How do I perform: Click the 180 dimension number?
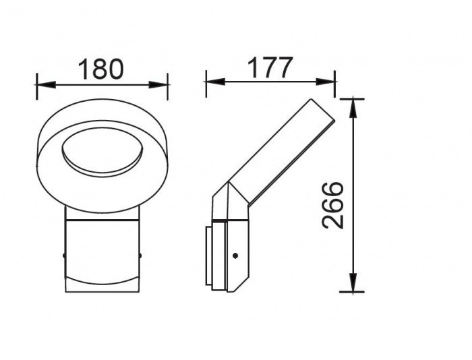coord(101,69)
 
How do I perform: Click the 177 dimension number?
coord(270,67)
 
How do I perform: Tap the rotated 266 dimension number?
coord(332,206)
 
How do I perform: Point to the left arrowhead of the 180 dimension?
coord(46,84)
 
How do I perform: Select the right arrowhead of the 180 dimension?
coord(158,84)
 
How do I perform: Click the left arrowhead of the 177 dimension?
coord(215,82)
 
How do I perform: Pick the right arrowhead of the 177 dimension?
coord(326,82)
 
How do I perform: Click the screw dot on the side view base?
coord(235,256)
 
